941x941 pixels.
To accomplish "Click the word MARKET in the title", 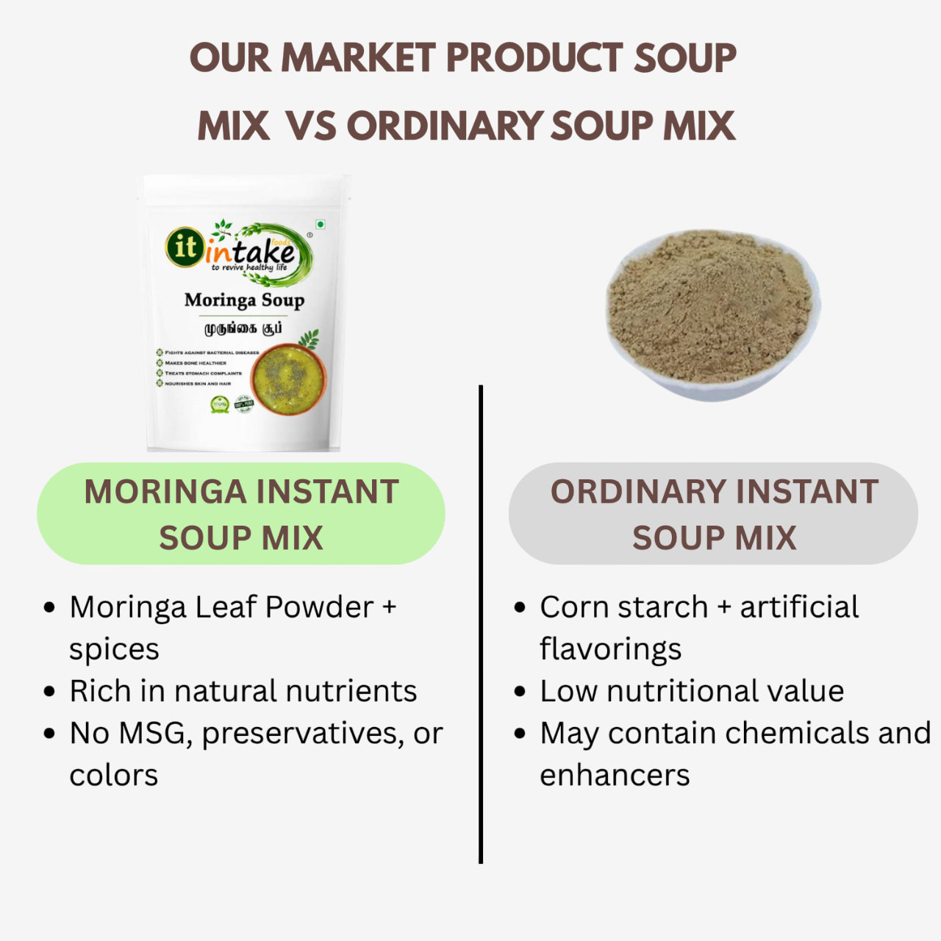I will (x=359, y=58).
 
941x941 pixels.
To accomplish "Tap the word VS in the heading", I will (x=311, y=126).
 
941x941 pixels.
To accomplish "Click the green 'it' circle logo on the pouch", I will (x=185, y=247).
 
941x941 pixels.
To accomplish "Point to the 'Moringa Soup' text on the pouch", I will (x=244, y=300).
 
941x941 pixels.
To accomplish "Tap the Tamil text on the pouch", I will (x=243, y=328).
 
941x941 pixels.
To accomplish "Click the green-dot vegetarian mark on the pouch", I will (x=321, y=224).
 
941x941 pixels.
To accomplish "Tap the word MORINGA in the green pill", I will (x=165, y=492).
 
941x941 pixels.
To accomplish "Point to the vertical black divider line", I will (x=481, y=625).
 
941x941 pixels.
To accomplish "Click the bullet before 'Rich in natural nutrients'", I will (x=49, y=692).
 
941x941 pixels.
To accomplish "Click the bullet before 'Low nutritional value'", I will (x=520, y=692).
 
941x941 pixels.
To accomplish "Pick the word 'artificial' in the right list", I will (x=799, y=607).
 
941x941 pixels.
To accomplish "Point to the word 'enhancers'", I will (x=615, y=775).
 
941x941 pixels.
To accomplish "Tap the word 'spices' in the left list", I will (x=114, y=650).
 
